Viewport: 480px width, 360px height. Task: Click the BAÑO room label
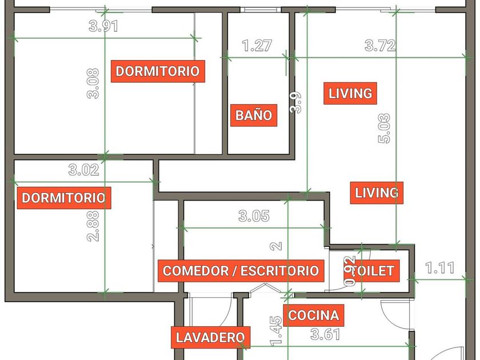(254, 115)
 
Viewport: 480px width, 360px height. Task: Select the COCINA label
(313, 315)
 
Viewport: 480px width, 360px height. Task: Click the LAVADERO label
(210, 338)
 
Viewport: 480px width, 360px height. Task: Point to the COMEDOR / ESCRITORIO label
(241, 271)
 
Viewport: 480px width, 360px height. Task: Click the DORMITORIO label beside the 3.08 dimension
(158, 71)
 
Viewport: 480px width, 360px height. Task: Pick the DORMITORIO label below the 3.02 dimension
(63, 198)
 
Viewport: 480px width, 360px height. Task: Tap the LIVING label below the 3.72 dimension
(350, 93)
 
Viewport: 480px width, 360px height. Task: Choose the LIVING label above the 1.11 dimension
(377, 193)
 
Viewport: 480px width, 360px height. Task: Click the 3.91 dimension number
(104, 26)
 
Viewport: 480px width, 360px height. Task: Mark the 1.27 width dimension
(257, 46)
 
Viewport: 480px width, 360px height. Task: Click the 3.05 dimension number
(254, 216)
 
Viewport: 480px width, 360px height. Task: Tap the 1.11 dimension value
(439, 267)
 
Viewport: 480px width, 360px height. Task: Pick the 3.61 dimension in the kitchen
(325, 334)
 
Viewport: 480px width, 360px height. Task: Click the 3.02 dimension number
(83, 170)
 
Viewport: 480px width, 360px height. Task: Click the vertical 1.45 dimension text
(276, 331)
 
